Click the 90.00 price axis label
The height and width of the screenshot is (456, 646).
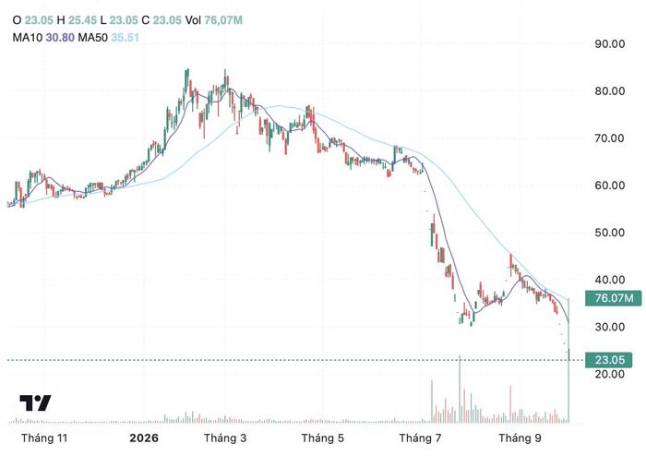point(609,43)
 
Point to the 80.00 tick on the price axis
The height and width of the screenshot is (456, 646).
point(609,91)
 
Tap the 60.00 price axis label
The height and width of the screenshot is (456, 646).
point(609,186)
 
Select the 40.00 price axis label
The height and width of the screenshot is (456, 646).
point(609,280)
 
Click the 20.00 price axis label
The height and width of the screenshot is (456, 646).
point(609,374)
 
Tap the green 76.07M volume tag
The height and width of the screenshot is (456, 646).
point(613,297)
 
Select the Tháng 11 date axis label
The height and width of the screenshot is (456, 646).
point(44,438)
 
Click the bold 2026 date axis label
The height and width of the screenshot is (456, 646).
point(144,438)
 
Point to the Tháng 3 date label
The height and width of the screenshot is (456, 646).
point(225,438)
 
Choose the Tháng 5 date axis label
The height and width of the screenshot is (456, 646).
point(322,438)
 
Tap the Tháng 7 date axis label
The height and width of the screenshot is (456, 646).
point(420,438)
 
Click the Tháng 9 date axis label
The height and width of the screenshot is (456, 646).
point(520,438)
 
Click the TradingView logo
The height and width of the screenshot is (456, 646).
point(35,402)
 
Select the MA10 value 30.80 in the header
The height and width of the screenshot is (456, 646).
point(60,38)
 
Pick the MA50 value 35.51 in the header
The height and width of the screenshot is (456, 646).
point(126,38)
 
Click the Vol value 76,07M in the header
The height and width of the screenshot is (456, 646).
point(223,19)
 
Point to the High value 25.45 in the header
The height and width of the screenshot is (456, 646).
point(82,19)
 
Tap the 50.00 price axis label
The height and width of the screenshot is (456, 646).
point(609,233)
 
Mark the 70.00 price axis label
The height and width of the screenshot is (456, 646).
point(609,138)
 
